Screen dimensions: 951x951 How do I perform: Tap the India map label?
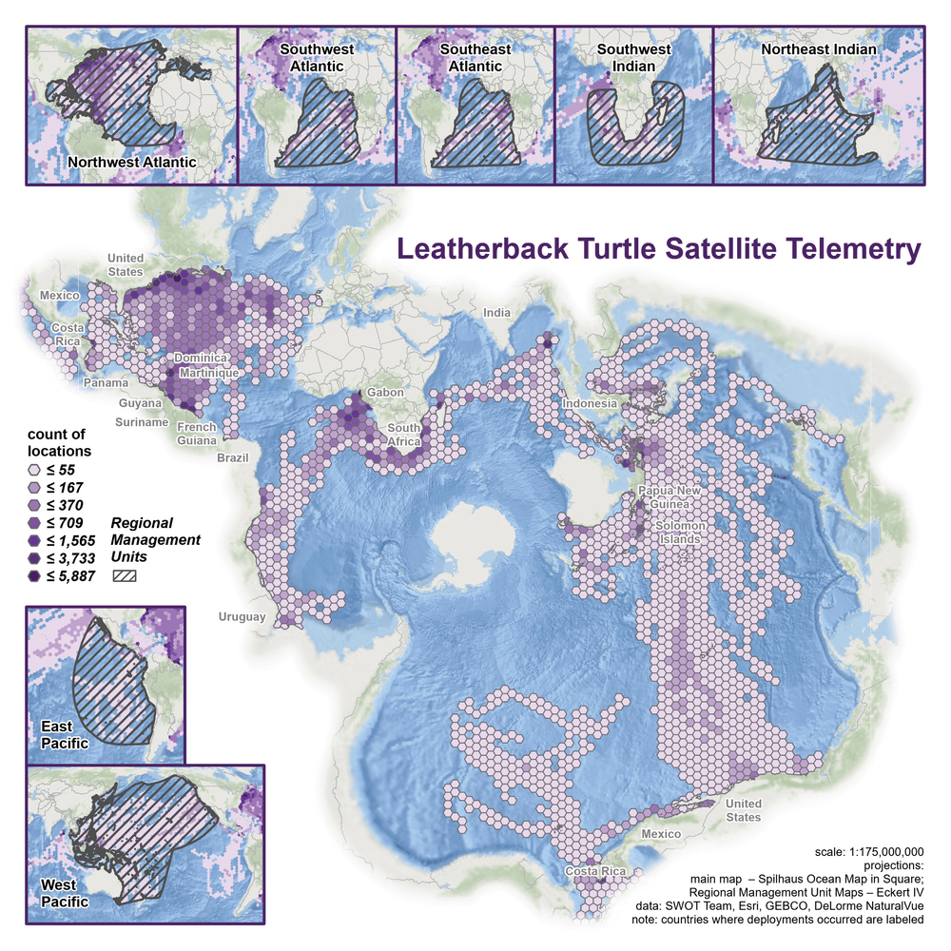pos(496,313)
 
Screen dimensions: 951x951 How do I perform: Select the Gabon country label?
pos(385,392)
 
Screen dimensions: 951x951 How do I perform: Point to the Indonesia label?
pos(591,404)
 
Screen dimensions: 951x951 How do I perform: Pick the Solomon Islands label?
pos(678,533)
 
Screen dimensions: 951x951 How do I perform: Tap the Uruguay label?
pos(242,617)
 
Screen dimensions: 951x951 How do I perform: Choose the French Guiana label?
pos(197,434)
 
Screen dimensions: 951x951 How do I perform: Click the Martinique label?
pos(210,374)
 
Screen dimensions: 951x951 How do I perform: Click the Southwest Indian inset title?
pos(633,57)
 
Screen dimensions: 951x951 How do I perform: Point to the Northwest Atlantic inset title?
pos(132,162)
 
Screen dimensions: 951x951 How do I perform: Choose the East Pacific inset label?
pos(65,734)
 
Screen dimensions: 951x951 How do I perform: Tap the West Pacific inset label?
pos(65,893)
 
